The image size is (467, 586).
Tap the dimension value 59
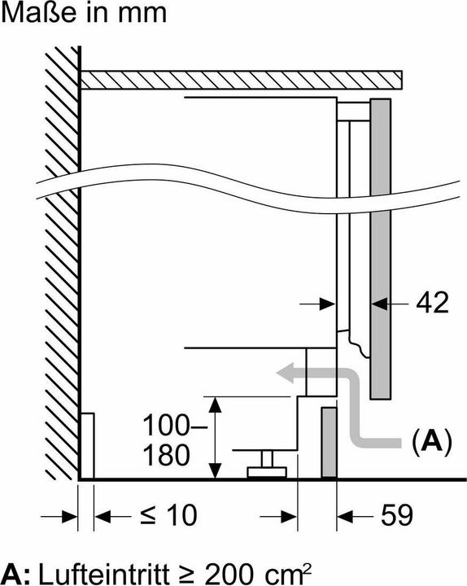coord(392,514)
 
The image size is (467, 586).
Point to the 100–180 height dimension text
coord(171,439)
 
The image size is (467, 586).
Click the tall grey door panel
coord(379,244)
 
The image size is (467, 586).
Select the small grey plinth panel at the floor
coord(329,444)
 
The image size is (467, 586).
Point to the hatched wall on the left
coord(59,269)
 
